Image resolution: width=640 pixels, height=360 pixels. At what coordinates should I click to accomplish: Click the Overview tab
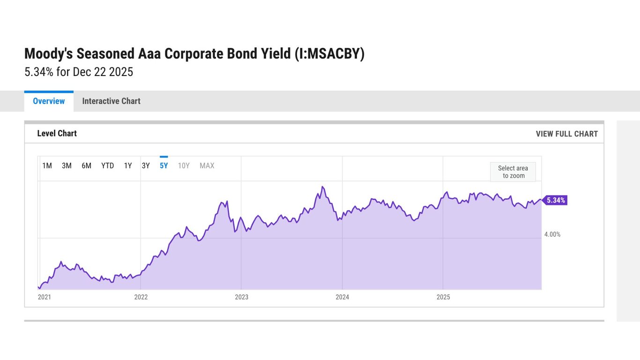click(49, 101)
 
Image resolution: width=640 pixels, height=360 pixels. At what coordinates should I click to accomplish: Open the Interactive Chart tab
click(111, 101)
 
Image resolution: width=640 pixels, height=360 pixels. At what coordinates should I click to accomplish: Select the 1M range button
click(47, 165)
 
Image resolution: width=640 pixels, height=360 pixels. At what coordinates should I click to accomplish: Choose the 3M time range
click(67, 165)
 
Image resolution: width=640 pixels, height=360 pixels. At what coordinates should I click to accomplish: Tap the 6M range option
click(86, 165)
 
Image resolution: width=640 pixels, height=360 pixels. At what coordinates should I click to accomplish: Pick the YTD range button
click(107, 165)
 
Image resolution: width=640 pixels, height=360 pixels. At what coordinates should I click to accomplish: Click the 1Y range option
click(128, 165)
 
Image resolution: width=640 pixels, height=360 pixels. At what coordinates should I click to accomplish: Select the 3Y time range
click(146, 165)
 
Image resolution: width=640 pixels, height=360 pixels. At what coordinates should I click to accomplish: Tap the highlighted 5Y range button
click(164, 165)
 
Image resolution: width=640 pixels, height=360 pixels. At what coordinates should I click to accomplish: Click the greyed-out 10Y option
click(184, 165)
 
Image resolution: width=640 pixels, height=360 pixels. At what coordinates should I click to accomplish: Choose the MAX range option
click(207, 165)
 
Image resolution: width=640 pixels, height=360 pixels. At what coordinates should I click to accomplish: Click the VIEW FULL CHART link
click(566, 134)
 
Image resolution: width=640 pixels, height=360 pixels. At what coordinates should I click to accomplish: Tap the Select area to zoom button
click(513, 172)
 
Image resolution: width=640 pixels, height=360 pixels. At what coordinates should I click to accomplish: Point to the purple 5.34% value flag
click(556, 201)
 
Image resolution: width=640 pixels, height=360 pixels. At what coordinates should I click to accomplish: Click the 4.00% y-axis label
click(552, 234)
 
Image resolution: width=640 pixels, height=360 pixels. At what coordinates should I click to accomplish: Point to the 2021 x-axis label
click(45, 297)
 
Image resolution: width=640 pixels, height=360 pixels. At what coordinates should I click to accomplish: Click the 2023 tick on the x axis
click(241, 297)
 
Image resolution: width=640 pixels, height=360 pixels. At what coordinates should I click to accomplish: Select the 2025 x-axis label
click(443, 297)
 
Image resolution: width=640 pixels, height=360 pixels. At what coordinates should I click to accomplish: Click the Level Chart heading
click(57, 134)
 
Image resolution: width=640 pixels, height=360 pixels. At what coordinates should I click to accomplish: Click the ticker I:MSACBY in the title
click(329, 54)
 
